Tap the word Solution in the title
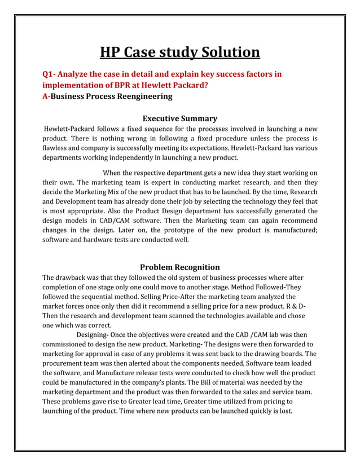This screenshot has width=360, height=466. click(228, 52)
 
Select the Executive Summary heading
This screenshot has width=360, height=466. click(179, 118)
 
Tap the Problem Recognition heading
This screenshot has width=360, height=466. click(179, 267)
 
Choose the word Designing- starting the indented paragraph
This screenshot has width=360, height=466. click(93, 335)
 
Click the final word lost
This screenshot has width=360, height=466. click(284, 411)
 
